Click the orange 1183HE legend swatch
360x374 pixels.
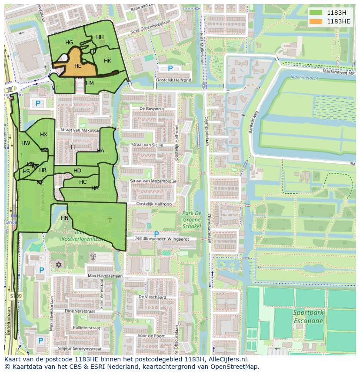[316, 21]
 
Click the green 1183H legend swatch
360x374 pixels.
[316, 13]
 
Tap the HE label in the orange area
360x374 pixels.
[78, 66]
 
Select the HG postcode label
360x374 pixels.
[69, 43]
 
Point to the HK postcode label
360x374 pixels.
[107, 61]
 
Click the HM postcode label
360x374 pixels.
[90, 83]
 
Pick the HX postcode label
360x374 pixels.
[43, 135]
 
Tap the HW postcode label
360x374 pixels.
[26, 143]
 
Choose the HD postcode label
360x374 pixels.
[77, 171]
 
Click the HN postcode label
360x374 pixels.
[65, 218]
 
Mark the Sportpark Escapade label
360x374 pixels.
[308, 317]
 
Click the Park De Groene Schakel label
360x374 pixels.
[191, 219]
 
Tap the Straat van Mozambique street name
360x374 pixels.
[153, 181]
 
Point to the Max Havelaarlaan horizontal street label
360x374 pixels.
[105, 276]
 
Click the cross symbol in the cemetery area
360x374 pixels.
[110, 219]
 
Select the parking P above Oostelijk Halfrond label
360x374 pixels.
[170, 69]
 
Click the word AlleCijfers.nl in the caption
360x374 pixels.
[227, 359]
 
